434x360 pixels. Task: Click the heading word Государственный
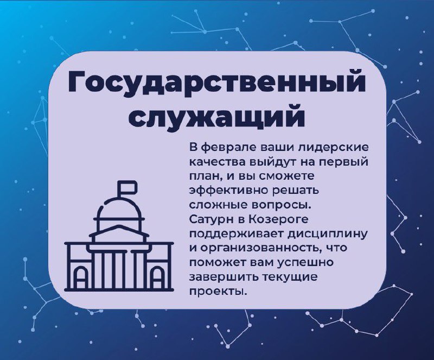[x=216, y=83]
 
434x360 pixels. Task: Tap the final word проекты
[x=218, y=292]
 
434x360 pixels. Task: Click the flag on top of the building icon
[x=127, y=187]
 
